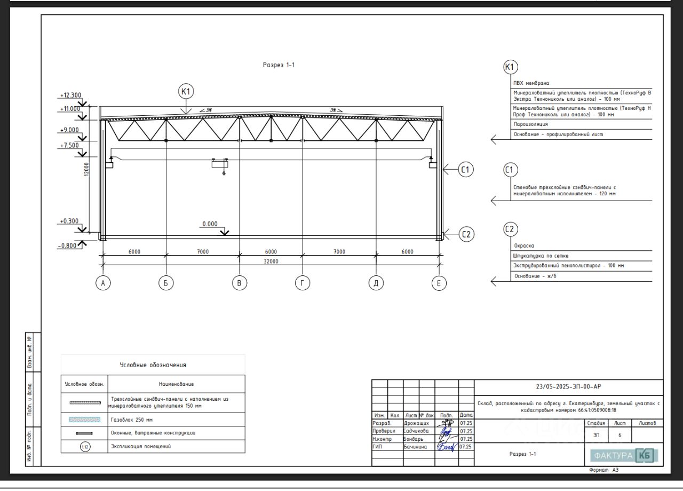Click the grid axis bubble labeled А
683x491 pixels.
click(x=103, y=283)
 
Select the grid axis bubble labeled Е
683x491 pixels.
click(x=439, y=283)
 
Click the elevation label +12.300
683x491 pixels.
click(x=70, y=96)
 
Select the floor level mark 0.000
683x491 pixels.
click(x=210, y=224)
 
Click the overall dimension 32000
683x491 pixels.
click(x=271, y=262)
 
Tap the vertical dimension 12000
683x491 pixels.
click(x=86, y=171)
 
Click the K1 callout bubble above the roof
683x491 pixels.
click(x=186, y=92)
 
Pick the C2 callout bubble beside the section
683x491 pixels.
click(x=466, y=234)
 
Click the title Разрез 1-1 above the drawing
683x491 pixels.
click(x=279, y=65)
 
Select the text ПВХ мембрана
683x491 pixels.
click(x=531, y=83)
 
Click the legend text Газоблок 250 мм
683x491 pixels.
click(x=131, y=420)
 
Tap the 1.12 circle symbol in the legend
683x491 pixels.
click(x=85, y=446)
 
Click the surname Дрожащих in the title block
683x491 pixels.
click(x=416, y=423)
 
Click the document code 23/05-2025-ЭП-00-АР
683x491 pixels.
click(x=569, y=387)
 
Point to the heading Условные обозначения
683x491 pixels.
click(x=153, y=365)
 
